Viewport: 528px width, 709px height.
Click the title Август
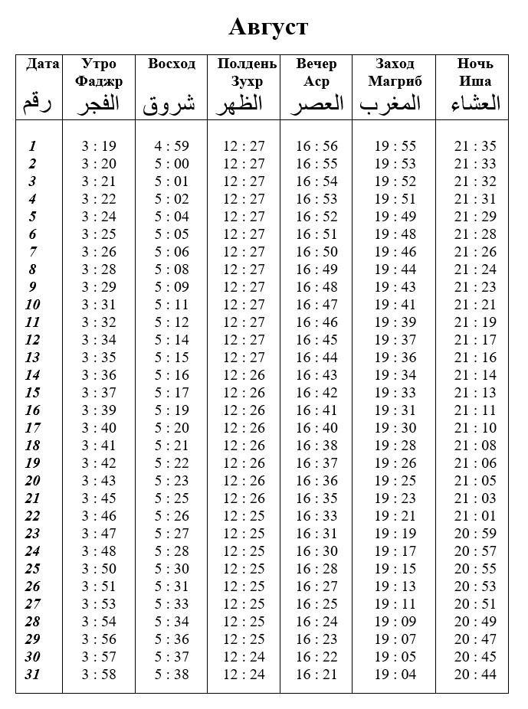268,28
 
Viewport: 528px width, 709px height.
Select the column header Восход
172,64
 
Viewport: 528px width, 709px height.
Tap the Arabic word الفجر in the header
99,104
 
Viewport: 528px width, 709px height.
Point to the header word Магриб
395,81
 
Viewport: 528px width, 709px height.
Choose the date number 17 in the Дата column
32,428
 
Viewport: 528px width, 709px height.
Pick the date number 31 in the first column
32,675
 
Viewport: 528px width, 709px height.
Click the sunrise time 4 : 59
172,146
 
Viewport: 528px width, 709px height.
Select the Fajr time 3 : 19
99,146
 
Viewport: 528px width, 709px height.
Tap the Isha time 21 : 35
475,146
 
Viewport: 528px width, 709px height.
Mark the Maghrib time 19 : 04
395,675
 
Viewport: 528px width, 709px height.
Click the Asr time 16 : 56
316,146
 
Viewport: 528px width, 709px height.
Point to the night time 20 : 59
475,534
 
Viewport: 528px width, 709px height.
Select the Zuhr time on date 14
244,375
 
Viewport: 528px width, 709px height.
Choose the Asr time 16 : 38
316,446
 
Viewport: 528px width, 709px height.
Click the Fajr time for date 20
99,481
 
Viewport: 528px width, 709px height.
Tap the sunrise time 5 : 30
172,569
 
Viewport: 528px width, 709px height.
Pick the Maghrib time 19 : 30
395,428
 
